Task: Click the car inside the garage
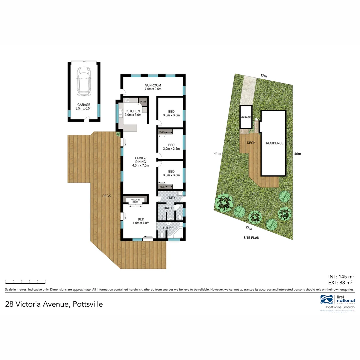point(83,80)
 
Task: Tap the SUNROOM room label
point(153,85)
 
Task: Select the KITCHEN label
point(133,111)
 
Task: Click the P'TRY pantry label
point(143,102)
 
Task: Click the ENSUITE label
point(168,228)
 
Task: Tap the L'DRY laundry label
point(171,198)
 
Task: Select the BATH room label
point(168,208)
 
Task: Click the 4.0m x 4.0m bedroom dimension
point(141,223)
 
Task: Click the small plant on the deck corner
point(118,134)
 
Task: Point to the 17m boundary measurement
point(264,76)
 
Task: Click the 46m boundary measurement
point(297,154)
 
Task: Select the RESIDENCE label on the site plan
point(275,143)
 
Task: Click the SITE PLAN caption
point(251,238)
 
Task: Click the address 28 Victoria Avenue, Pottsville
point(54,304)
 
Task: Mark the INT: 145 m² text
point(341,276)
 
